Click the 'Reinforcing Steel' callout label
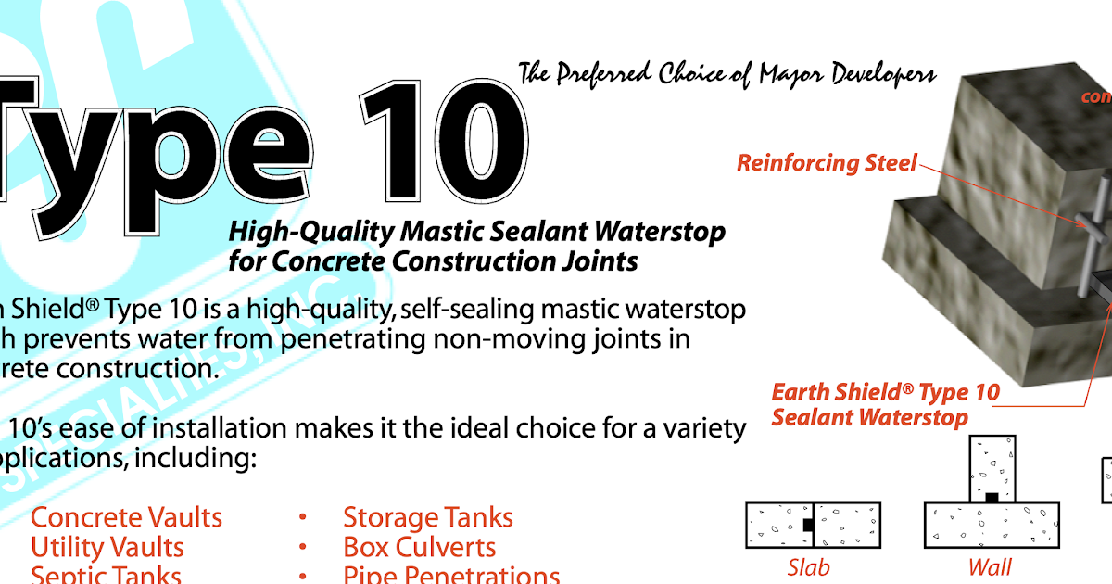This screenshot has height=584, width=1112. point(827,163)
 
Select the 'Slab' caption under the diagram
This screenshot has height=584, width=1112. point(808,566)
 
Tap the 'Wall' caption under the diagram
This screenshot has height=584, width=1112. point(990,566)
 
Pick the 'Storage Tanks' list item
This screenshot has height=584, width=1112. point(427,517)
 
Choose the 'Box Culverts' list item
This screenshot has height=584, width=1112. point(419,547)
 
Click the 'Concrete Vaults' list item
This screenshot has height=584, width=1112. point(127,517)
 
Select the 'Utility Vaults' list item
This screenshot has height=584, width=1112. point(107,547)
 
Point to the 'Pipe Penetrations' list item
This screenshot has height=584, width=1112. point(451,575)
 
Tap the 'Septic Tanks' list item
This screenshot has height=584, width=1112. point(106,575)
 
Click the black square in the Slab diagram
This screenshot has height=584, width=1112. point(808,525)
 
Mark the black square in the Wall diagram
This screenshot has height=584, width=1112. point(992,498)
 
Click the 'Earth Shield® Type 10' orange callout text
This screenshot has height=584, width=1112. point(885,392)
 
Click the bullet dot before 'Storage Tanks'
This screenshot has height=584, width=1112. point(303,518)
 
